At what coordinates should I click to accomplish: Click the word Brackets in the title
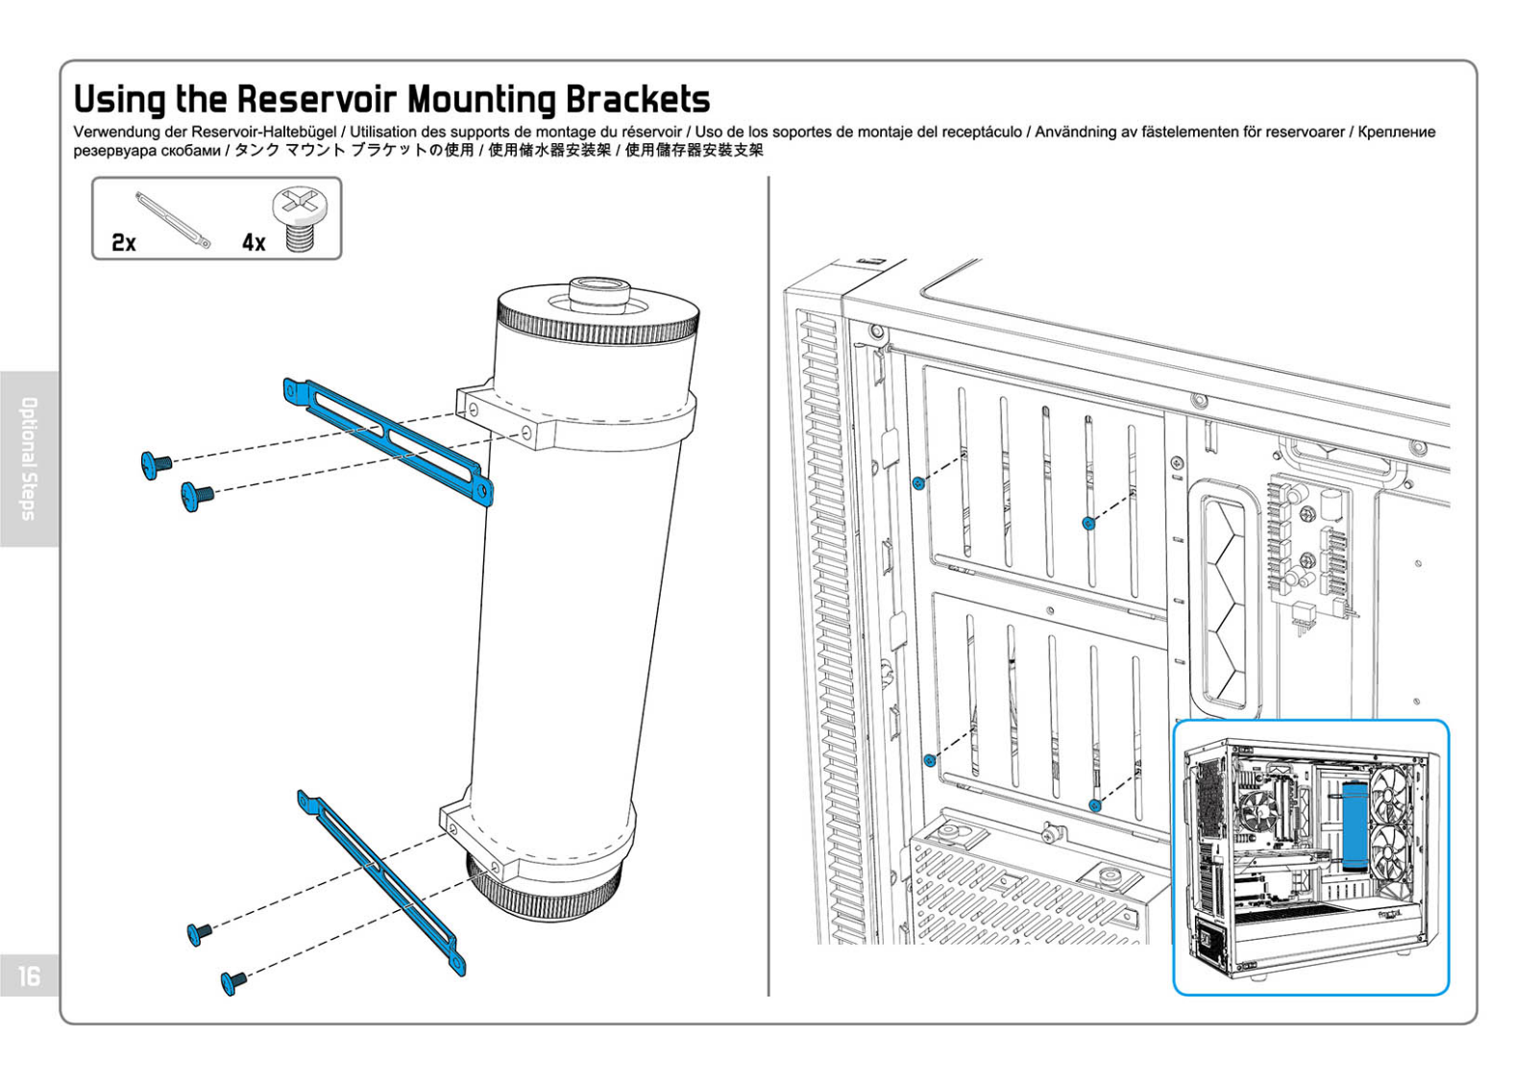(638, 99)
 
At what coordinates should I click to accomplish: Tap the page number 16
(29, 975)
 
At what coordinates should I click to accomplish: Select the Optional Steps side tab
(29, 458)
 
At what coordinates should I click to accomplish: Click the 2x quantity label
(124, 242)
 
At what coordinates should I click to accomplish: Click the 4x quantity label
(254, 242)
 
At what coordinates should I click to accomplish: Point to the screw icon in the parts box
(300, 220)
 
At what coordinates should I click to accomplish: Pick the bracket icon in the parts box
(173, 220)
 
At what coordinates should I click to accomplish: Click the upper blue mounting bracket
(388, 442)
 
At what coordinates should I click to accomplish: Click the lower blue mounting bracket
(381, 883)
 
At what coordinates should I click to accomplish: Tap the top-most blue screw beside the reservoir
(156, 465)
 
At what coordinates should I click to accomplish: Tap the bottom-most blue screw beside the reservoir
(233, 982)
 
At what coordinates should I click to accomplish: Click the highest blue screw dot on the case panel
(918, 483)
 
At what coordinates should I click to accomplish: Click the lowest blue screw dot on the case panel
(1095, 805)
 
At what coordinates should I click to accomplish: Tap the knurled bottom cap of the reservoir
(544, 889)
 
